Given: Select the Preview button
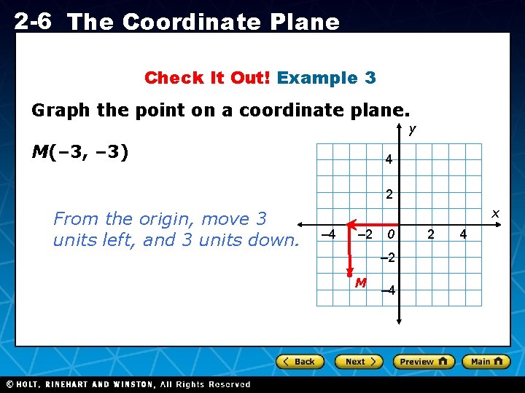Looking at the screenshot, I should (423, 362).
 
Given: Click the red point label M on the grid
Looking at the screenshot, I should (360, 282).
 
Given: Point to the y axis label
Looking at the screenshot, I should (412, 130).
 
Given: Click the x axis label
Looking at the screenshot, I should (495, 213).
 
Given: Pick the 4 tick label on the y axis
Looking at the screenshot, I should (389, 159).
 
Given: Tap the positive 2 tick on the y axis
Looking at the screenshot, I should (389, 195).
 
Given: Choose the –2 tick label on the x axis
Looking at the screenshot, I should (365, 234).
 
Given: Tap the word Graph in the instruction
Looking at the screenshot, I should (61, 111).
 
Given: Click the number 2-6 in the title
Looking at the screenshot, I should (32, 21).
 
